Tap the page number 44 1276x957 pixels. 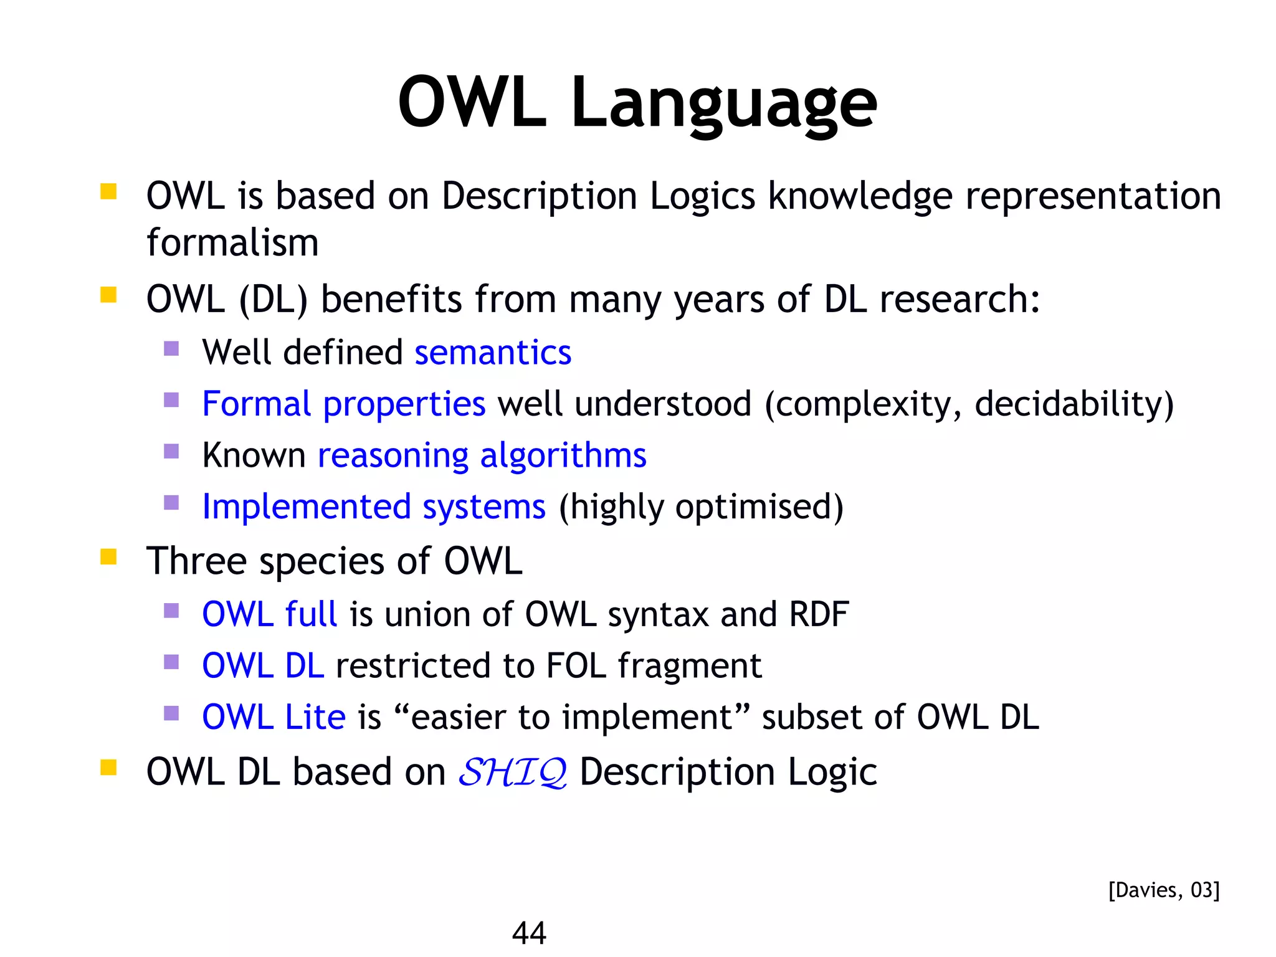pos(528,933)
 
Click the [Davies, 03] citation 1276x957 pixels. pos(1163,890)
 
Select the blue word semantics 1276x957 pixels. pos(493,353)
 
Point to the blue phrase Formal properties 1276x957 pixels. pos(343,404)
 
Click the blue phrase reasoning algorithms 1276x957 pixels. pos(482,455)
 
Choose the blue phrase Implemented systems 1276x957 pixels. pos(374,507)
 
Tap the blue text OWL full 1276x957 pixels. pos(269,614)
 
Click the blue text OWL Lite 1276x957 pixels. pos(274,717)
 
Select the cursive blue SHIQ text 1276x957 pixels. pos(512,773)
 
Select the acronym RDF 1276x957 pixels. pos(818,614)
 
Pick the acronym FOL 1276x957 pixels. pos(576,665)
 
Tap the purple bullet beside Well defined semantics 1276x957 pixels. pos(171,348)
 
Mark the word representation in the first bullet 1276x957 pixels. pos(1093,197)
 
